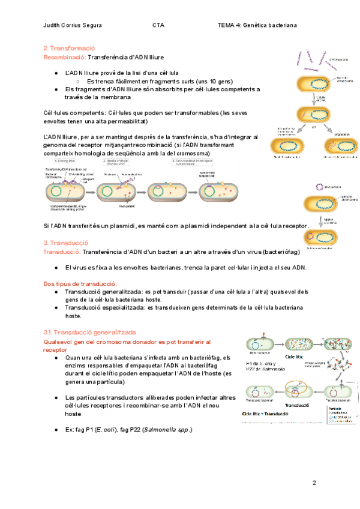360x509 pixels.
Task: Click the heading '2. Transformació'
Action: point(70,48)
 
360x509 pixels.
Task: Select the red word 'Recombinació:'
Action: point(65,57)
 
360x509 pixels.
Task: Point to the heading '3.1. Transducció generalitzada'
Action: point(90,332)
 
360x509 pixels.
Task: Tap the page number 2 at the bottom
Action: point(313,483)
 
